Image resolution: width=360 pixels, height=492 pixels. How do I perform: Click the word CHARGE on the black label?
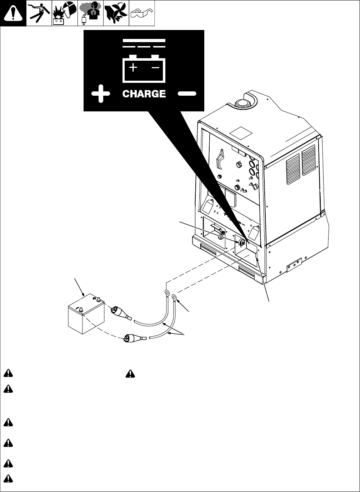[x=144, y=94]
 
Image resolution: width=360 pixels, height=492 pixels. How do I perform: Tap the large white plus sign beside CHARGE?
[x=100, y=94]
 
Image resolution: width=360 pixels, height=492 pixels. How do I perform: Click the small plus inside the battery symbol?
[x=133, y=67]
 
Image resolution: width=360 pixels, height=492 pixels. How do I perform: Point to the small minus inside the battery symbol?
[x=155, y=67]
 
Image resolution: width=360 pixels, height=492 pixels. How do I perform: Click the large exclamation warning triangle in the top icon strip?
[x=13, y=13]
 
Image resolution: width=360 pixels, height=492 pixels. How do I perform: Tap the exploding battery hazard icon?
[x=65, y=13]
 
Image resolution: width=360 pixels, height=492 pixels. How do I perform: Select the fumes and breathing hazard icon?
[x=90, y=13]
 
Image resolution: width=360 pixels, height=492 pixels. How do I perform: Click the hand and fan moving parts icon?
[x=116, y=13]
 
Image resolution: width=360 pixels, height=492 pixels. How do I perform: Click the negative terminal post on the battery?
[x=81, y=310]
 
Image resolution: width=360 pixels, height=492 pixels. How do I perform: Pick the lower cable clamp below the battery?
[x=134, y=337]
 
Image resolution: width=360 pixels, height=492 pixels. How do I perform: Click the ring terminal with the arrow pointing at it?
[x=174, y=297]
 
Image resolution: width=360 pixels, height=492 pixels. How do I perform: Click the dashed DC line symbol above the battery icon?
[x=144, y=44]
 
